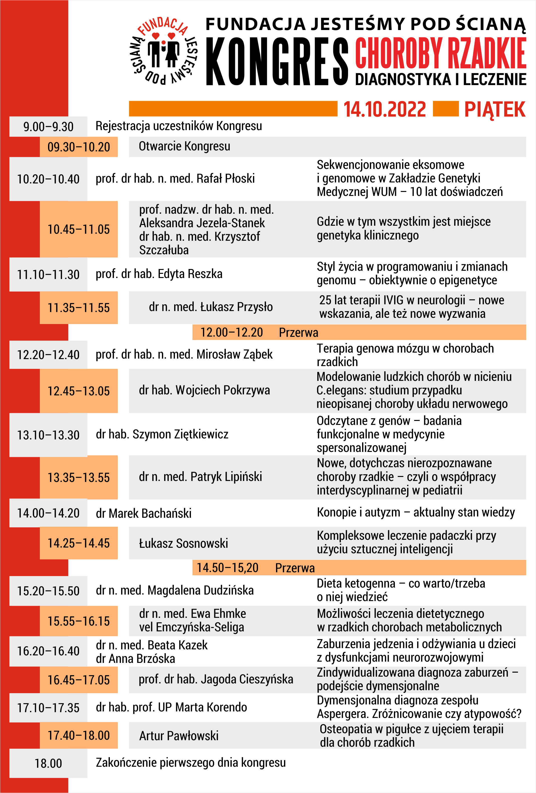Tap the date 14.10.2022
click(385, 110)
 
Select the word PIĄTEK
click(494, 110)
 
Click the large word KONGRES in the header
click(277, 61)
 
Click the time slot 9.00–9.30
click(48, 127)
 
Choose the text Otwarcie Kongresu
click(184, 146)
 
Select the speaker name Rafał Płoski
click(175, 178)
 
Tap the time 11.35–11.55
click(79, 308)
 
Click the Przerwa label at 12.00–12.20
click(298, 332)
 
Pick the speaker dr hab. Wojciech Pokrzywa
click(204, 390)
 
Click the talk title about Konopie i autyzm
click(416, 512)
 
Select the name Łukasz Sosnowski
click(183, 544)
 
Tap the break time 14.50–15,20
click(227, 568)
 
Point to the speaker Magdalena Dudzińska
click(175, 590)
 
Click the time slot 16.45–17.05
click(79, 680)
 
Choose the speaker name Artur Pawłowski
click(179, 736)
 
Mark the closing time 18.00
click(48, 763)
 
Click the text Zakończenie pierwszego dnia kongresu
click(191, 763)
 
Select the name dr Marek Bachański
click(144, 513)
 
